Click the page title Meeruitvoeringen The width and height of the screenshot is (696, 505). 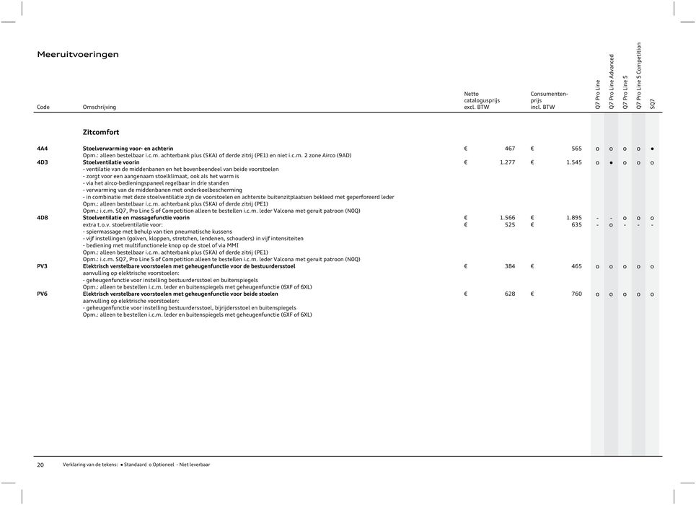[x=78, y=54]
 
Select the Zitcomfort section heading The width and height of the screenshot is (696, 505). [x=102, y=133]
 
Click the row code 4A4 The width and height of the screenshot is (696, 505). [x=43, y=148]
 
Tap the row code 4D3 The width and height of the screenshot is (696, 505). [x=43, y=163]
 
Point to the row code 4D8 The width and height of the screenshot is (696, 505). [x=43, y=218]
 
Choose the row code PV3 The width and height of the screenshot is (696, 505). [x=43, y=266]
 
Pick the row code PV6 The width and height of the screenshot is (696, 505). [x=43, y=294]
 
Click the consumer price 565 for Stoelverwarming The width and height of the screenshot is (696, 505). [x=576, y=148]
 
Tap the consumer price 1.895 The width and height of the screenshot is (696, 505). [x=573, y=218]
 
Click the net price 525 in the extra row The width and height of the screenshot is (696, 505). [x=508, y=224]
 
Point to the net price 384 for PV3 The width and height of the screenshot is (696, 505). [x=508, y=266]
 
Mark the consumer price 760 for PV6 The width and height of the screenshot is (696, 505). [x=576, y=294]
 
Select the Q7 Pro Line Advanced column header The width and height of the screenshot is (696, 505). [x=612, y=82]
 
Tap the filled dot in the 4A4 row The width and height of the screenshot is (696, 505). [x=652, y=148]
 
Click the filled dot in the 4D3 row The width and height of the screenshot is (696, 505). [x=611, y=163]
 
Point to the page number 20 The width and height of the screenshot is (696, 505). [x=41, y=465]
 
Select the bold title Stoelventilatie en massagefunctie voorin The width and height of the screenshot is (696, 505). [x=136, y=218]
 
